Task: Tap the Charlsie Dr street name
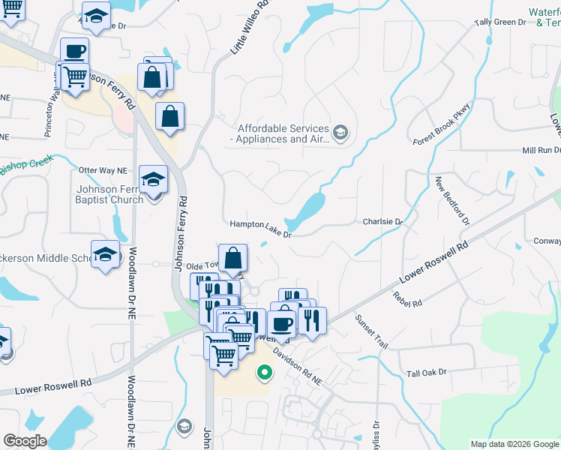[x=382, y=222]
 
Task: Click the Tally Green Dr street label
[x=500, y=22]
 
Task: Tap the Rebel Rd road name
[x=407, y=298]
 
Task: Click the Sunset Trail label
[x=371, y=331]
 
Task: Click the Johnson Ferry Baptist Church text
[x=109, y=194]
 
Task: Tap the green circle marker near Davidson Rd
[x=263, y=371]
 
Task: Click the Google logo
[x=24, y=441]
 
